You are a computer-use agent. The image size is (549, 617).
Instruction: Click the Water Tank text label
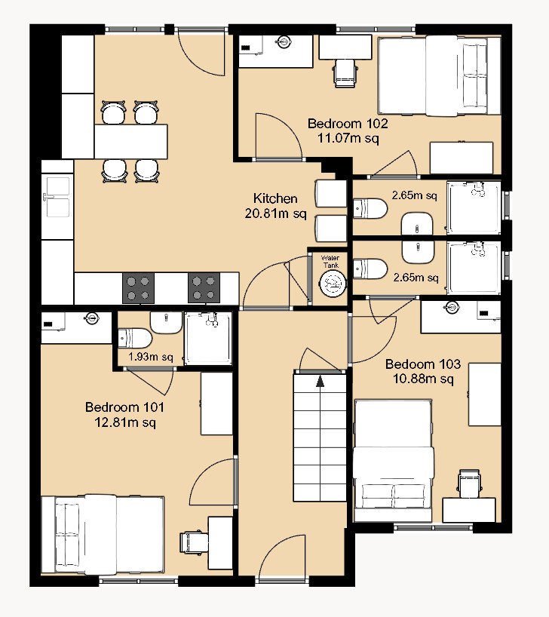[x=331, y=262]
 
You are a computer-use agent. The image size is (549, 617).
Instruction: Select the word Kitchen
[x=274, y=198]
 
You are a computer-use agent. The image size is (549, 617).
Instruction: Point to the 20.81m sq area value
[x=274, y=213]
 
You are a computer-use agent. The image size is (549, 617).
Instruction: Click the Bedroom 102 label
[x=348, y=124]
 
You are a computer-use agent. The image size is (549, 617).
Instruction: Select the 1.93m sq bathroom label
[x=150, y=357]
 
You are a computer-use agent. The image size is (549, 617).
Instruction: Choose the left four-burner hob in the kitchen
[x=138, y=287]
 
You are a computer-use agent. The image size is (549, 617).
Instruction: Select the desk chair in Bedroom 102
[x=345, y=72]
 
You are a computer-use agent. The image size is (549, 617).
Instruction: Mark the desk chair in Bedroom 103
[x=468, y=483]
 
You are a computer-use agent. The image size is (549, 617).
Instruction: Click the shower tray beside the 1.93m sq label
[x=209, y=339]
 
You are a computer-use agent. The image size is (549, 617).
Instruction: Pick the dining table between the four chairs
[x=130, y=141]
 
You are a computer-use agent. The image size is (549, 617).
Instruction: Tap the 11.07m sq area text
[x=348, y=138]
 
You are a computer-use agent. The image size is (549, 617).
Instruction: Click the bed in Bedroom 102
[x=437, y=75]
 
